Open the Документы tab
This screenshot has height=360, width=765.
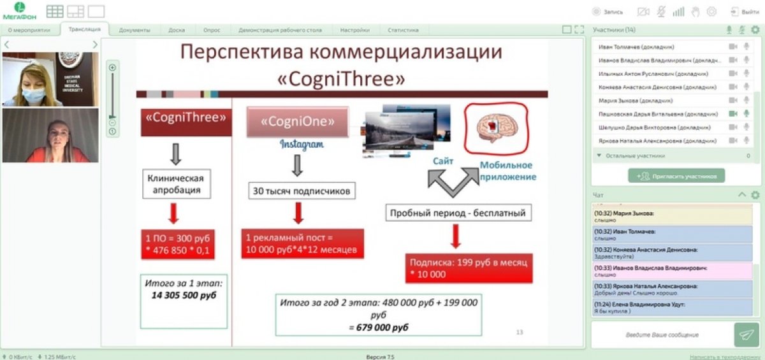[134, 30]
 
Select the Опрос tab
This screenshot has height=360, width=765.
[212, 30]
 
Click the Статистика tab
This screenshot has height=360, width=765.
[403, 30]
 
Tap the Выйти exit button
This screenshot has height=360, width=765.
[745, 11]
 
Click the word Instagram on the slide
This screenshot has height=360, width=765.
[302, 145]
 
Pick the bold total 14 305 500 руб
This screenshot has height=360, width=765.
[184, 296]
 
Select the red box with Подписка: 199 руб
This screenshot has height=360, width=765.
[469, 268]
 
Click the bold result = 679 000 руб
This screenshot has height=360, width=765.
[378, 327]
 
